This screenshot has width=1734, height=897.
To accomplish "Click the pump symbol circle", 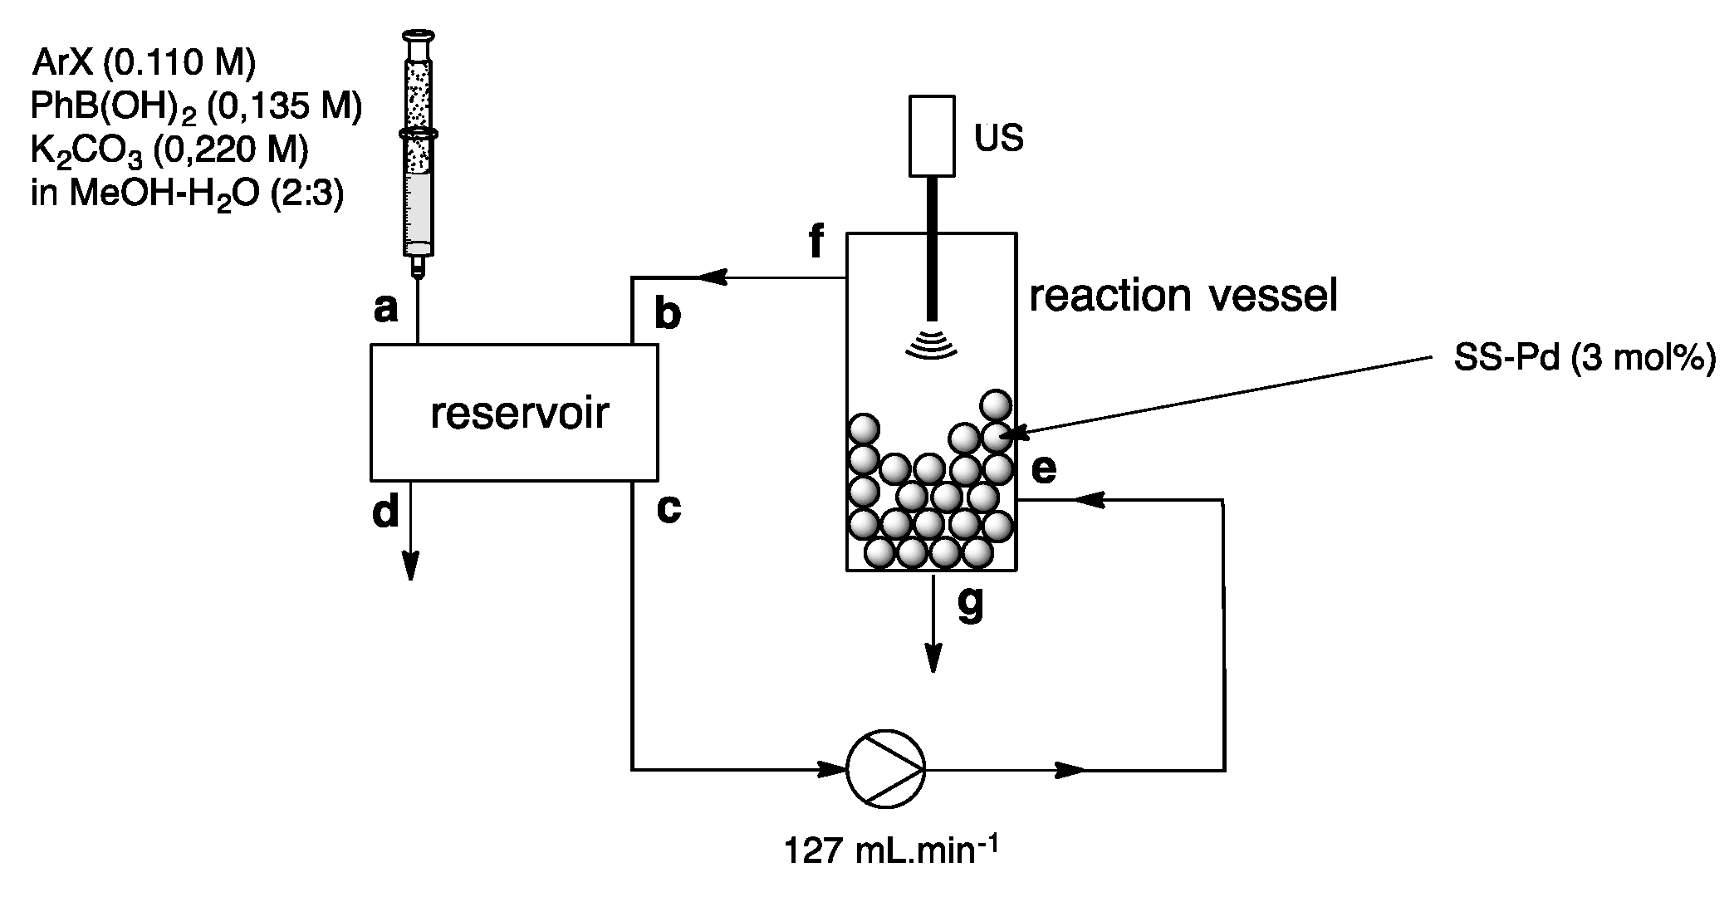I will tap(885, 769).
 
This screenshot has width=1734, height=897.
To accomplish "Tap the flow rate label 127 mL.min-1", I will tap(891, 852).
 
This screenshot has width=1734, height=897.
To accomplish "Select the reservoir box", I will tap(514, 413).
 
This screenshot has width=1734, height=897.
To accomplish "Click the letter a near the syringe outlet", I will tap(386, 309).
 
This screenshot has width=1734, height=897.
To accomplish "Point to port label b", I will tap(668, 314).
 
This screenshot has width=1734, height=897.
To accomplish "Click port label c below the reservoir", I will tap(669, 509).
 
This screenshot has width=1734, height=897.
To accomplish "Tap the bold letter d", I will tap(385, 512).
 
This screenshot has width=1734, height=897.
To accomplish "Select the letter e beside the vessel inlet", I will tap(1044, 470).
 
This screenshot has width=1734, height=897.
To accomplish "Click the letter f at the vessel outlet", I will tap(817, 242).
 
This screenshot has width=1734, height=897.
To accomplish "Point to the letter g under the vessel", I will tap(970, 604).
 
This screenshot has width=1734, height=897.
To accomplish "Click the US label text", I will tap(998, 138).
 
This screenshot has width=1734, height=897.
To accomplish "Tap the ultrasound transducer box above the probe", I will tap(931, 136).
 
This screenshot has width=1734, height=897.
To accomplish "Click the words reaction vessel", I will tap(1183, 296).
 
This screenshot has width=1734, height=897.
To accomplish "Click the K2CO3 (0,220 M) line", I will tap(169, 151).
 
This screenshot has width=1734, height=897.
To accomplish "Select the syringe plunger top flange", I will tap(417, 35).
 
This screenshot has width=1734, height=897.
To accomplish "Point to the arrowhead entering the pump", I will tap(833, 769).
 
